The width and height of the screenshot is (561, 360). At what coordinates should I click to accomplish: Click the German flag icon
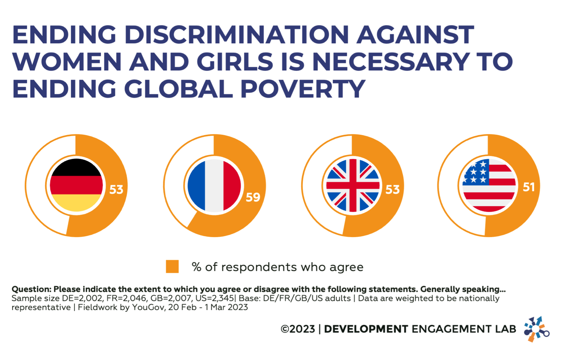[76, 185]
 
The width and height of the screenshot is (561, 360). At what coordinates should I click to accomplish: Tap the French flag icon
[214, 185]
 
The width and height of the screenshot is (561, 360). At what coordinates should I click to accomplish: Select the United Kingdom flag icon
[352, 185]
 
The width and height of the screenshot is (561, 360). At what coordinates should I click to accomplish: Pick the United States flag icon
[489, 185]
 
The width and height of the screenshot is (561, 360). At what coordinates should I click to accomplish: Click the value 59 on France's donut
[253, 197]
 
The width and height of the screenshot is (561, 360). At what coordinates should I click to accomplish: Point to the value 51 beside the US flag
[529, 187]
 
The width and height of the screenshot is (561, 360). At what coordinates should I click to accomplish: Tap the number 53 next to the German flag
[116, 190]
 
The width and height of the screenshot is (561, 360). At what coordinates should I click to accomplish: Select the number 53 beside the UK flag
[393, 190]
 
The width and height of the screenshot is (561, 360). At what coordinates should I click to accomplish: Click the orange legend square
[172, 267]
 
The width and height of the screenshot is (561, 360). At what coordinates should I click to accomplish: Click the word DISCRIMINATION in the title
[237, 35]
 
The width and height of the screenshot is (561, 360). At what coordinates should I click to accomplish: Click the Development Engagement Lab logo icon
[536, 329]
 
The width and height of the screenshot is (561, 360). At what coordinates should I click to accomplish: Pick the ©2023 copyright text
[298, 329]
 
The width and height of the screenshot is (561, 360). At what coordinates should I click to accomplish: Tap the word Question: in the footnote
[31, 289]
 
